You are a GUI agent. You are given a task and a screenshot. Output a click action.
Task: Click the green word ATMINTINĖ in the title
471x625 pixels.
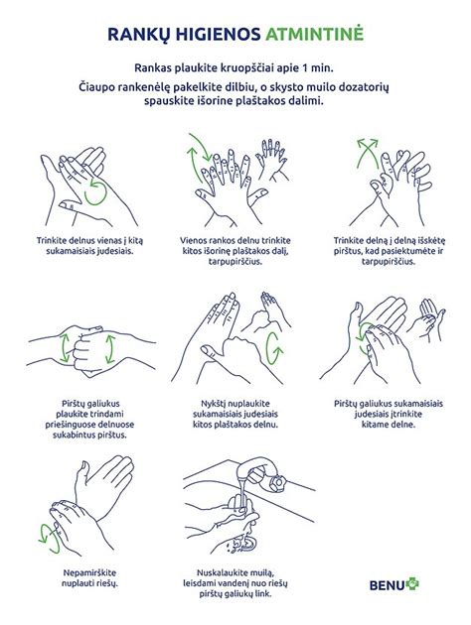pos(315,34)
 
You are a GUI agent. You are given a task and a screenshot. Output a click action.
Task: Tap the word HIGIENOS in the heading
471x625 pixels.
pos(214,35)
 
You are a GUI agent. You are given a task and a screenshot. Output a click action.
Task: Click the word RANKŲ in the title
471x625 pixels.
pos(134,35)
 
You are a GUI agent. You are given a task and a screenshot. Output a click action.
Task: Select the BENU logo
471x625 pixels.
pos(393,584)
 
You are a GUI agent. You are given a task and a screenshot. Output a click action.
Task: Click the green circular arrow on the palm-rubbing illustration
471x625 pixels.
pos(95,193)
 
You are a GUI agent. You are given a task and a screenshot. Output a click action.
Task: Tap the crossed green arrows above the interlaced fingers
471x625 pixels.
pos(368,152)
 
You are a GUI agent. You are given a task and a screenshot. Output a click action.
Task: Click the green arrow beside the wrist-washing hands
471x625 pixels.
pos(49,540)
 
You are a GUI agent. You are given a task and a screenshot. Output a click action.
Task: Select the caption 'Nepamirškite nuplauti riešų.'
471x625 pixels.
pos(89,578)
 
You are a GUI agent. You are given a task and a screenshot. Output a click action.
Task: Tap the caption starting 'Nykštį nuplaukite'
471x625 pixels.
pos(235,414)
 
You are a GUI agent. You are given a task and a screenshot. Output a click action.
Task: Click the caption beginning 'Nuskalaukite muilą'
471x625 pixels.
pos(235,583)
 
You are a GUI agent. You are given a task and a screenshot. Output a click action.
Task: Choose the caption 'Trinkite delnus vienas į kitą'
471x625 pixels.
pos(89,246)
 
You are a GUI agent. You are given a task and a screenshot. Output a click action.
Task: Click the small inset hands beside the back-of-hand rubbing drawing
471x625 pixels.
pos(272,160)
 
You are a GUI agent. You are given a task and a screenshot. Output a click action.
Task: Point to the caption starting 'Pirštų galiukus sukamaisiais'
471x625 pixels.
pos(389,414)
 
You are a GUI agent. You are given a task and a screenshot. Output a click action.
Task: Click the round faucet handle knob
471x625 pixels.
pos(278,483)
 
